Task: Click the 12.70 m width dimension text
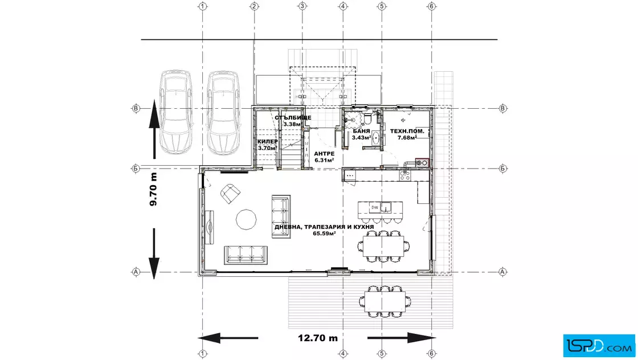tap(318, 338)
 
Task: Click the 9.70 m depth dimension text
tap(153, 189)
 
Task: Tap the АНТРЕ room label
tap(324, 154)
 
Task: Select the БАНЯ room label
tap(361, 131)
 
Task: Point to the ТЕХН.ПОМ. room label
tap(407, 131)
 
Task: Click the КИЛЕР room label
tap(267, 142)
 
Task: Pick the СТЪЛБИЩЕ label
tap(293, 117)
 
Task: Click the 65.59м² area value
tap(324, 234)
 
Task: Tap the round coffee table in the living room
tap(246, 219)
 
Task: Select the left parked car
tap(176, 112)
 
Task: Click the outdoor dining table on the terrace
tap(385, 301)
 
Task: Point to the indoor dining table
tap(384, 246)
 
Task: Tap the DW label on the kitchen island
tap(375, 207)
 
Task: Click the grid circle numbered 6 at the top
tap(432, 6)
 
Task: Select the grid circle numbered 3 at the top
tap(302, 6)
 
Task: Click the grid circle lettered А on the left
tap(136, 272)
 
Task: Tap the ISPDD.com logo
tap(599, 346)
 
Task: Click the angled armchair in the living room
tap(230, 194)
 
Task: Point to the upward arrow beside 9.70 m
tap(154, 129)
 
